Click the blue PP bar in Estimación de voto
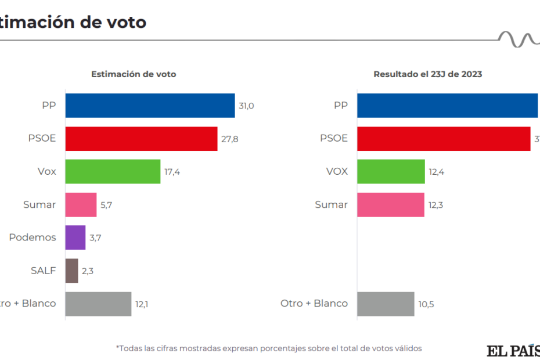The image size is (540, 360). [x=150, y=106]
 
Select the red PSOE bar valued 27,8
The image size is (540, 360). [x=141, y=139]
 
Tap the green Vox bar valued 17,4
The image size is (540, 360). [x=113, y=171]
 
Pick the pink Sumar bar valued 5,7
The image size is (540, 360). [x=81, y=204]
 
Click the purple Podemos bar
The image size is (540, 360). [x=75, y=237]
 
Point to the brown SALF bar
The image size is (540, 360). [x=71, y=271]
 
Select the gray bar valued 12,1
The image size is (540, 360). [x=98, y=304]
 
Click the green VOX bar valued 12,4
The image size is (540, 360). [x=391, y=171]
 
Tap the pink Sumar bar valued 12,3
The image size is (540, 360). [x=391, y=204]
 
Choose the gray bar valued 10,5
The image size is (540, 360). [x=386, y=304]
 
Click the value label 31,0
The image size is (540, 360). [x=247, y=106]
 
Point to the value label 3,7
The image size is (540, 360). [x=96, y=237]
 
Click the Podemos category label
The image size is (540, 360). [x=33, y=237]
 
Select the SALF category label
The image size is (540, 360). [x=43, y=271]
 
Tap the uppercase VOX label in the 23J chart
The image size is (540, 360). [x=337, y=171]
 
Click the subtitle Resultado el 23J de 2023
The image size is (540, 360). [x=428, y=74]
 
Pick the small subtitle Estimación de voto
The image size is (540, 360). [x=134, y=74]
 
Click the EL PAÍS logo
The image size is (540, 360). [x=513, y=351]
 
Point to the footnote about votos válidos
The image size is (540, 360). [x=269, y=348]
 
